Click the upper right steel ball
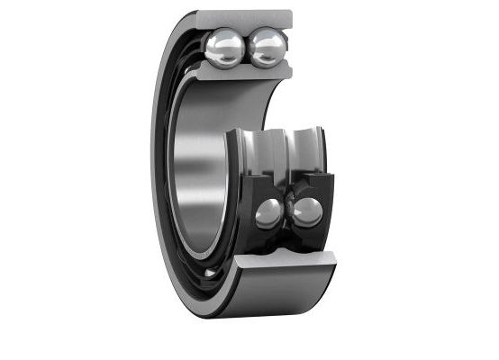(267, 48)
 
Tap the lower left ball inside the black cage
(268, 212)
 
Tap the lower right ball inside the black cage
(307, 211)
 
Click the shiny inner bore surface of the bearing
(203, 171)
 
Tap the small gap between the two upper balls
(245, 48)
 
